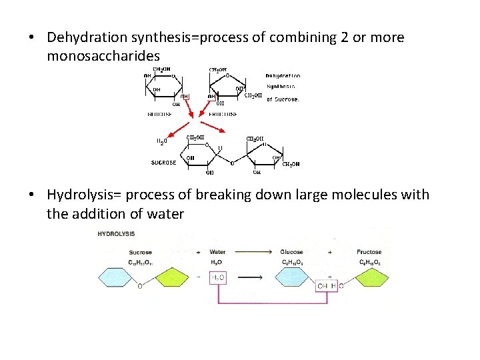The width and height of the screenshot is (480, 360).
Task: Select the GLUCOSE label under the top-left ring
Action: point(159,114)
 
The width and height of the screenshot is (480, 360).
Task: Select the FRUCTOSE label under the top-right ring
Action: point(224,114)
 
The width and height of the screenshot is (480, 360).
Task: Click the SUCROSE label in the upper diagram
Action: point(164,162)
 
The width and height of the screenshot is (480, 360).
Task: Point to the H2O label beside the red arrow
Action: point(161,141)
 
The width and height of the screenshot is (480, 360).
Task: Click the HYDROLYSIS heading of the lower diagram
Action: point(116,234)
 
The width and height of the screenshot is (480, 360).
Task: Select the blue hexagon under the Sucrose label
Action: point(119,277)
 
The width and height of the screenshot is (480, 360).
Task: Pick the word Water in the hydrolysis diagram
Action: point(217,252)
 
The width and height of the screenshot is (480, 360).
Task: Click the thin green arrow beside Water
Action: point(253,252)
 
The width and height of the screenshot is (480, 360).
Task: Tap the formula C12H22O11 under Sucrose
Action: point(141,261)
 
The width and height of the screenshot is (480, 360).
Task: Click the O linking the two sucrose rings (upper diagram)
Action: point(232,163)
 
